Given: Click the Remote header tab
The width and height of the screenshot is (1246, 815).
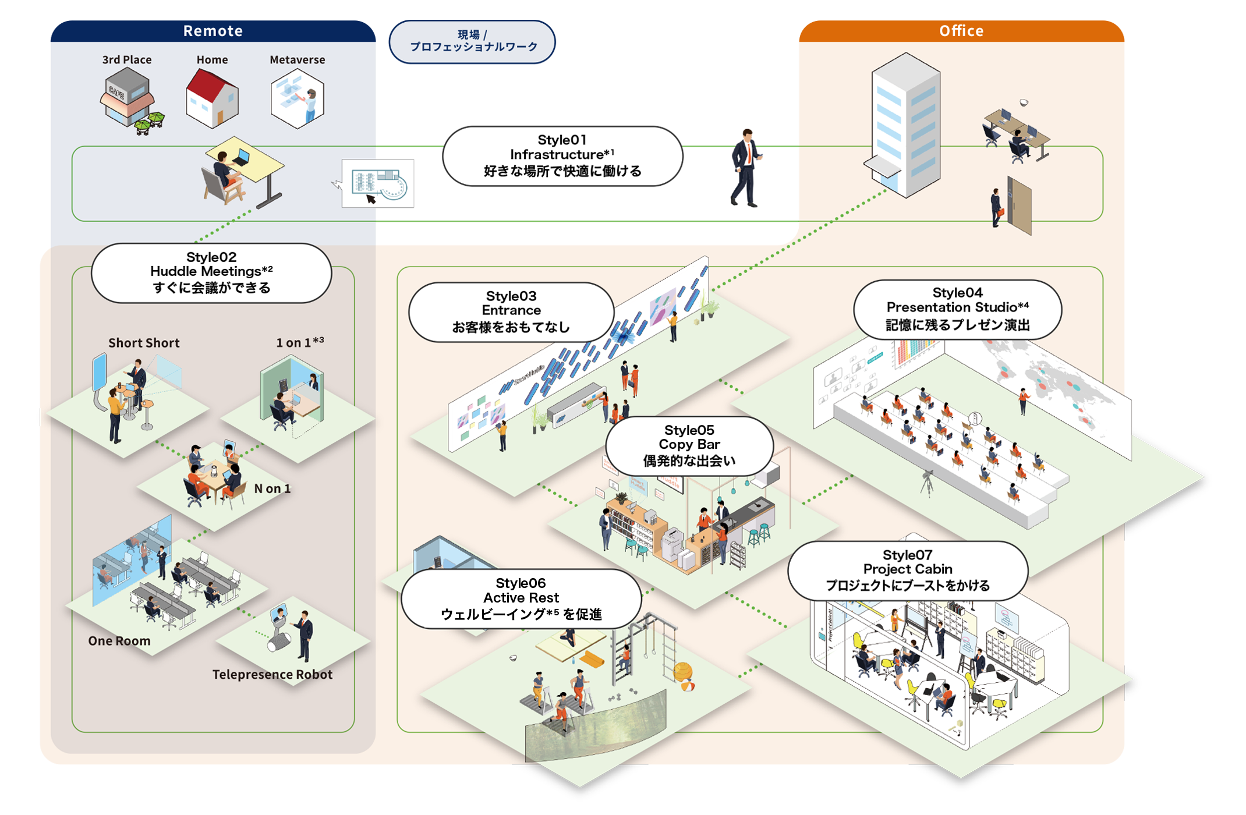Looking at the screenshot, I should tap(213, 31).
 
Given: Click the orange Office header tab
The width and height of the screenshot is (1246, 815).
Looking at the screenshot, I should tap(961, 31).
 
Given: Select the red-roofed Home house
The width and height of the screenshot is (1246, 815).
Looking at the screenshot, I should tap(212, 98).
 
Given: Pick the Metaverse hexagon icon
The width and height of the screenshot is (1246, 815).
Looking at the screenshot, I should tap(298, 98).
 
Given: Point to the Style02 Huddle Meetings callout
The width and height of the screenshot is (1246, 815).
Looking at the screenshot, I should tap(211, 272).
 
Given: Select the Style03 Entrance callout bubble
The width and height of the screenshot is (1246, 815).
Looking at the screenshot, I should tap(511, 311).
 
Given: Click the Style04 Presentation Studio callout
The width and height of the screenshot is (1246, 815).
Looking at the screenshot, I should tap(957, 309).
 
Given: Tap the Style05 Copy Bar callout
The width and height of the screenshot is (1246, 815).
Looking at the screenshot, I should tap(689, 446).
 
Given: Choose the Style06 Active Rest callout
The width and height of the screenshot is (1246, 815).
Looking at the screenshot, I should tap(521, 598).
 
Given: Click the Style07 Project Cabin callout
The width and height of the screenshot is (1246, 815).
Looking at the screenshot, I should tap(907, 570).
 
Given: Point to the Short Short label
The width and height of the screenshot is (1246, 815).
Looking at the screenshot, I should tap(144, 343).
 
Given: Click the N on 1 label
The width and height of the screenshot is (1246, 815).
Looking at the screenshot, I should tap(272, 488).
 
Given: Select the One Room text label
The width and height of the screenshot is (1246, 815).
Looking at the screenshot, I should tap(119, 641).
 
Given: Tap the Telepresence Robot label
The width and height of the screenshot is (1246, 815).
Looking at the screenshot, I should tap(272, 674).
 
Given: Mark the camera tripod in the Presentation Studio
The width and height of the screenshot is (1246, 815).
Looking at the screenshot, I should tap(927, 483).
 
